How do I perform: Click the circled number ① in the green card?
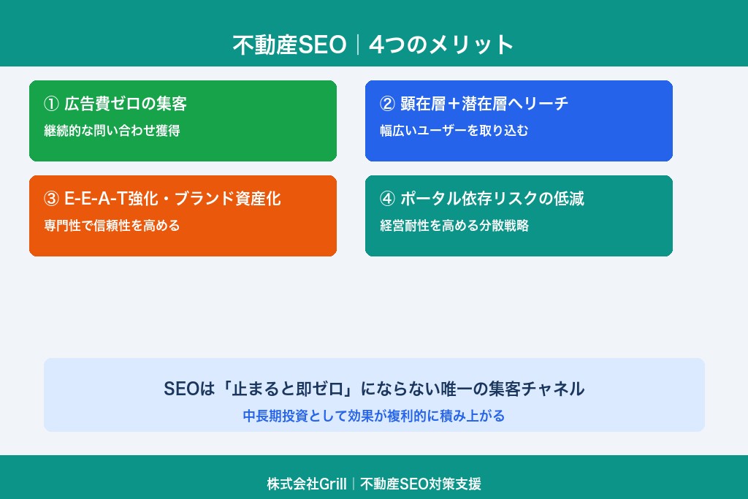tap(51, 104)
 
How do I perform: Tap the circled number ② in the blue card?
tap(387, 104)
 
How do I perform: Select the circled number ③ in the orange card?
tap(51, 199)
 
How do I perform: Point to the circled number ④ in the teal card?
tap(387, 199)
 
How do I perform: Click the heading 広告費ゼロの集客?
tap(126, 104)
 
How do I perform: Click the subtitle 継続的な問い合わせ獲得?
tap(112, 132)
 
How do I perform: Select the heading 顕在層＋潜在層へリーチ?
tap(484, 104)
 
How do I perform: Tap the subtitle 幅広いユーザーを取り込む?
tap(454, 132)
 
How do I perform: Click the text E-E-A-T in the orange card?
tap(94, 199)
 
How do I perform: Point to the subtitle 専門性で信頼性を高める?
tap(112, 226)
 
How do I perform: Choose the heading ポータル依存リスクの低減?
tap(492, 199)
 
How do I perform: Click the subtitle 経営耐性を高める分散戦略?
tap(454, 226)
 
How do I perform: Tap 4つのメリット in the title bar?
tap(442, 45)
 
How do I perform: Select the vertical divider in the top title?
tap(357, 45)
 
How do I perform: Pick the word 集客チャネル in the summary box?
tap(535, 389)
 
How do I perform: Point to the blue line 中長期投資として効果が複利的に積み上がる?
tap(373, 416)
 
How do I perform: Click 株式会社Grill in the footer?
tap(306, 484)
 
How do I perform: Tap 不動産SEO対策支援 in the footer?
tap(421, 484)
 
